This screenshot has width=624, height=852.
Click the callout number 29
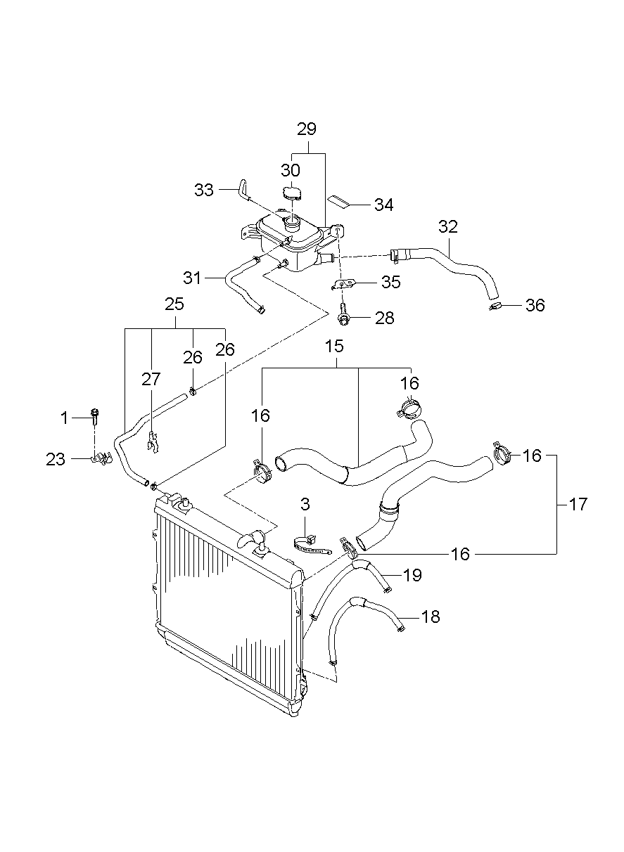(307, 129)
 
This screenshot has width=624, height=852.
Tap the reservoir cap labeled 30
(291, 193)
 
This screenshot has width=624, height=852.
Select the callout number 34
(383, 205)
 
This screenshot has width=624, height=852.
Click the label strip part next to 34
(340, 201)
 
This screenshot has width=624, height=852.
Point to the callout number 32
(448, 227)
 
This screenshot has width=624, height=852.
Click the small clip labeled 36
(495, 306)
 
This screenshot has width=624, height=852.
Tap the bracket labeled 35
(343, 284)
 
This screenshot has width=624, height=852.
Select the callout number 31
(193, 278)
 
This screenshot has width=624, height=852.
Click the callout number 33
(204, 189)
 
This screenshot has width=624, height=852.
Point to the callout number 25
(174, 304)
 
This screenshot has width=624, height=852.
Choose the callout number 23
(56, 459)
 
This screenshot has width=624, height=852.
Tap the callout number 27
(151, 380)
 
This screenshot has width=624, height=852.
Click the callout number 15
(334, 346)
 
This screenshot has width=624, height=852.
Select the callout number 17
(578, 504)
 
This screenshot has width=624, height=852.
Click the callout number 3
(305, 504)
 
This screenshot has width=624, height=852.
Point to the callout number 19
(412, 575)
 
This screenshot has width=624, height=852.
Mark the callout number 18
(431, 617)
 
